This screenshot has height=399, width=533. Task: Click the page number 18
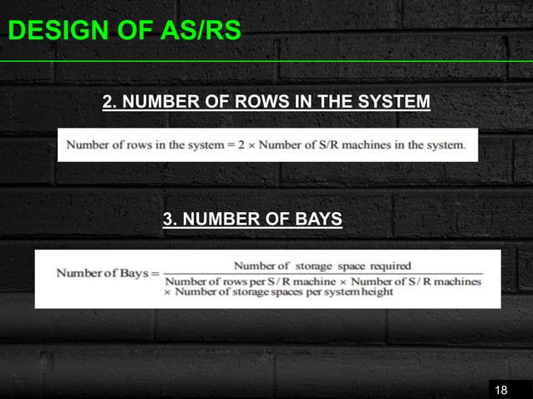[501, 390]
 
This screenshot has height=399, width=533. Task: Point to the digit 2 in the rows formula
[241, 144]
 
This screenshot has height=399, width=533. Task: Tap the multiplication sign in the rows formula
[251, 144]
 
